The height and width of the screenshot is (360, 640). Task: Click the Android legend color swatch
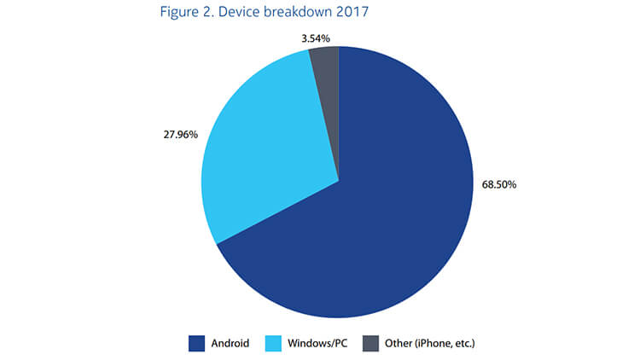(x=198, y=343)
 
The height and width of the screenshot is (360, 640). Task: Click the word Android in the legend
(x=230, y=344)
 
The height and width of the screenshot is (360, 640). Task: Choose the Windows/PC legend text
(x=317, y=344)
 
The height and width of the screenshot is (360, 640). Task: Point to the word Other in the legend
(x=397, y=344)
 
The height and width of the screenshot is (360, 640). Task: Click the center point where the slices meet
(x=339, y=181)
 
